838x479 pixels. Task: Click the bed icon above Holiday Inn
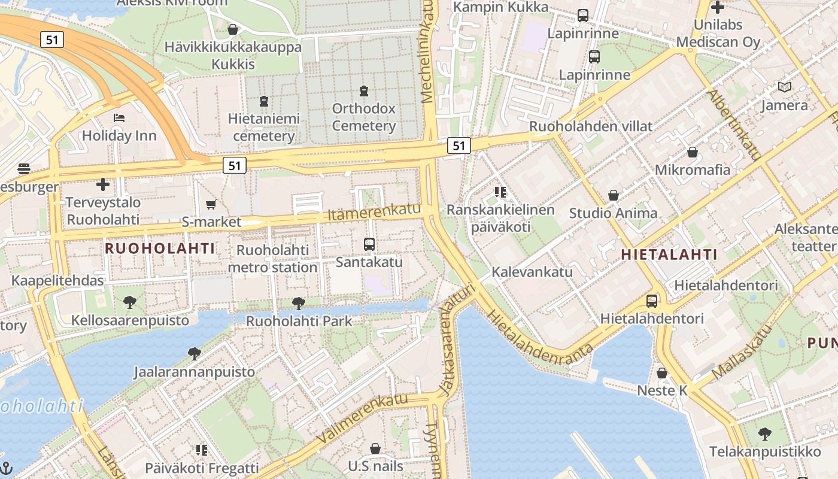pos(119,117)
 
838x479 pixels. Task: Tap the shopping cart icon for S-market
pos(211,205)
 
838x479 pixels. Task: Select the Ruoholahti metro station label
pos(272,259)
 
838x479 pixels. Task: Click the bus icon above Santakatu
pos(369,244)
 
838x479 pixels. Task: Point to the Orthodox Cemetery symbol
pos(363,91)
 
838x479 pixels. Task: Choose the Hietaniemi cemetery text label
pos(263,128)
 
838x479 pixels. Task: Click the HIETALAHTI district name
pos(669,254)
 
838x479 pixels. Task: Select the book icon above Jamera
pos(784,87)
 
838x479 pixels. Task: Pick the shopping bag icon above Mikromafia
pos(693,152)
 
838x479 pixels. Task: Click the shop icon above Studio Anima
pos(613,195)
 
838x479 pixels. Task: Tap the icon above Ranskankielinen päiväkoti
pos(500,192)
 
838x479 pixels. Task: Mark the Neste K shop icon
pos(662,373)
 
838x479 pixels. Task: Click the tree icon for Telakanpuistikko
pos(764,433)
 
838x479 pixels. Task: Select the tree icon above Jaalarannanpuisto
pos(194,354)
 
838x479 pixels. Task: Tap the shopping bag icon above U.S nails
pos(375,448)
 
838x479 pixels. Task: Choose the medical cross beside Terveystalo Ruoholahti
pos(103,184)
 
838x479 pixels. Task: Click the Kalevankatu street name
pos(532,272)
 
